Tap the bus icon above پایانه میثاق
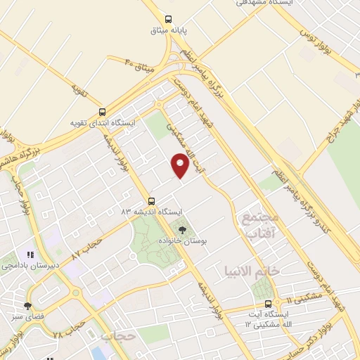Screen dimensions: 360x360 [168, 20]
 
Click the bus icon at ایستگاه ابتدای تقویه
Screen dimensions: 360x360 [103, 112]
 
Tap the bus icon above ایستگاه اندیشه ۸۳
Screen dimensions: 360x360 [152, 200]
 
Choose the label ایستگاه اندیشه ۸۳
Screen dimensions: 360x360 [152, 211]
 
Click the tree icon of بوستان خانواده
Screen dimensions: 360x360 [183, 229]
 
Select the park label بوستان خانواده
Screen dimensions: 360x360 [183, 240]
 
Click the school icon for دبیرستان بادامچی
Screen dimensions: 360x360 [30, 255]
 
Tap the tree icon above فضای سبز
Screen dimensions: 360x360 [27, 305]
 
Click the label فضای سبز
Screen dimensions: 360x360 [27, 316]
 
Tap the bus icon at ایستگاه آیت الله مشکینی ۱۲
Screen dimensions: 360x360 [268, 304]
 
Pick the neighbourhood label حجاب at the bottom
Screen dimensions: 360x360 [117, 337]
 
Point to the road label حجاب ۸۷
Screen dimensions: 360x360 [91, 246]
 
